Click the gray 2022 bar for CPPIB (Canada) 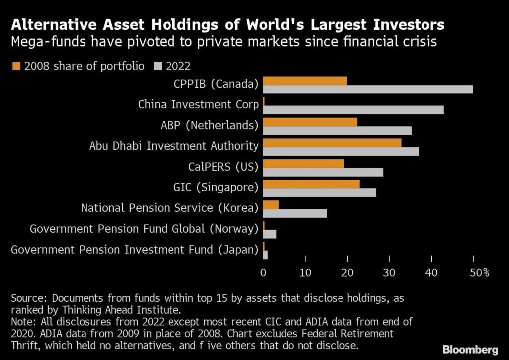pos(368,90)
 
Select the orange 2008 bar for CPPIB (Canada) pos(305,81)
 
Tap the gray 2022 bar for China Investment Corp pos(353,110)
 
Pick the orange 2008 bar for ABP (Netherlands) pos(310,122)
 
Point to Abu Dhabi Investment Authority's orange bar pos(332,143)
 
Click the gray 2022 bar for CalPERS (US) pos(323,172)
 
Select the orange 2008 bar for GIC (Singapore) pos(311,184)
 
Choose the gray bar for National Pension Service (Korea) pos(295,214)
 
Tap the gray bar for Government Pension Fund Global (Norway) pos(270,234)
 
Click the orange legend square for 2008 pos(16,66)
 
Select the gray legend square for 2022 pos(158,66)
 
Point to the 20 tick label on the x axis pos(347,272)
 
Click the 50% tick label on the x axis pos(480,272)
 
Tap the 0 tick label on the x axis pos(263,272)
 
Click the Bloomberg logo pos(470,350)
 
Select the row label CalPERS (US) pos(223,167)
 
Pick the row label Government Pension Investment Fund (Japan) pos(135,250)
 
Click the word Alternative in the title pos(54,25)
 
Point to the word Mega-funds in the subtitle pos(48,42)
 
